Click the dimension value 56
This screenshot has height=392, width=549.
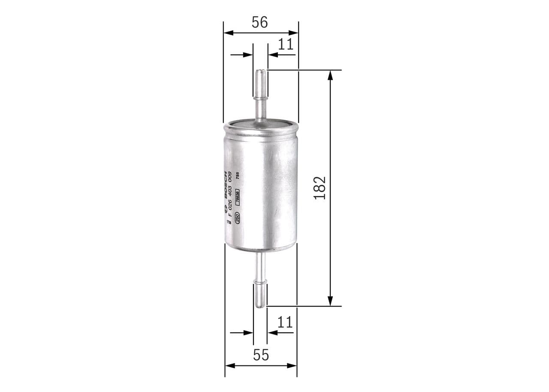[260, 22]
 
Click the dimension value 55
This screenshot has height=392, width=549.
[261, 355]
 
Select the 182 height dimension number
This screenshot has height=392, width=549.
[320, 187]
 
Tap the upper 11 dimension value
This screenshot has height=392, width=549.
[285, 44]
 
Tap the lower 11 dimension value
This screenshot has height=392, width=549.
[284, 322]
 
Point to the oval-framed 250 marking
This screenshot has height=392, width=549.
[237, 217]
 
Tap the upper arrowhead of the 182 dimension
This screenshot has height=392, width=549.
[330, 75]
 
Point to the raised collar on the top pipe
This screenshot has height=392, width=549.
[260, 98]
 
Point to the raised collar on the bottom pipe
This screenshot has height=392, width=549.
[260, 281]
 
